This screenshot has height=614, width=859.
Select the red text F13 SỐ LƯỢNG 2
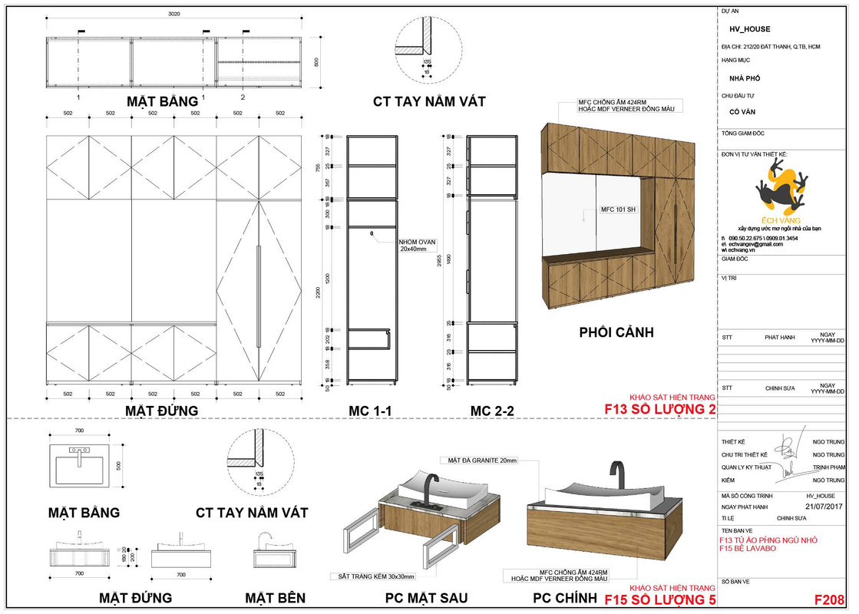660,409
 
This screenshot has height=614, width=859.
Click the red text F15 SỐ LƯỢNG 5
660,599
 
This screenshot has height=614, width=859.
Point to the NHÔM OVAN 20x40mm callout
417,246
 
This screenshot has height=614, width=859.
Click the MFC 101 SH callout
619,209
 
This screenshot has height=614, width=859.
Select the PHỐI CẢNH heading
616,333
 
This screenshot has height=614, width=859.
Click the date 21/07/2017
824,507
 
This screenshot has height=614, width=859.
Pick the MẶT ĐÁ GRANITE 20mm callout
481,460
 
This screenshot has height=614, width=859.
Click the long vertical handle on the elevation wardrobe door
259,296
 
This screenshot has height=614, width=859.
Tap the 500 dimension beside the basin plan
119,465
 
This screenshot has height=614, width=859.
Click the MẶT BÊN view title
275,598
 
